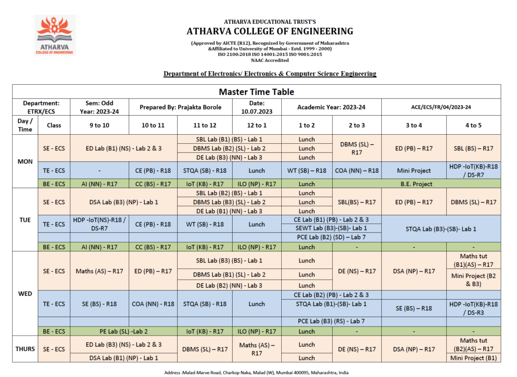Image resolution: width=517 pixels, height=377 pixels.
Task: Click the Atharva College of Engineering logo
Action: (55, 35)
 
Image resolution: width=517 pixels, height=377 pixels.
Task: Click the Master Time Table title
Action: (256, 92)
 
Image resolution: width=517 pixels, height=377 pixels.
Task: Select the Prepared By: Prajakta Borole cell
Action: (178, 107)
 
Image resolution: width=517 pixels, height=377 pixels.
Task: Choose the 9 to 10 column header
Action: (99, 125)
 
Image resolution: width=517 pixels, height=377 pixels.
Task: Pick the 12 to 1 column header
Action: (256, 125)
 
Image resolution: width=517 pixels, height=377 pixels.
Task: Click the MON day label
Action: (25, 161)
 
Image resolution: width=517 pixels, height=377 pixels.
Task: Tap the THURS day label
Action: (25, 349)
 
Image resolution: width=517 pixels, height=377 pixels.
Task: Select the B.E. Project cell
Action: (416, 184)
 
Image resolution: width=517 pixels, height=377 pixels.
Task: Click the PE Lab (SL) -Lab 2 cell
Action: (124, 332)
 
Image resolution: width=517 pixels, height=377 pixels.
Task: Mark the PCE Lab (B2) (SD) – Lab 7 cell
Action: (331, 237)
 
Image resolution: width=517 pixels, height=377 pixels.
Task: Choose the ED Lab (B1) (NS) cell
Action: (124, 148)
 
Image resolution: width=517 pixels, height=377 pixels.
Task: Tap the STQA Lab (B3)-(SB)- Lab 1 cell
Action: (441, 229)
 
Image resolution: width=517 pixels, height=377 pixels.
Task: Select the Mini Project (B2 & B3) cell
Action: (474, 280)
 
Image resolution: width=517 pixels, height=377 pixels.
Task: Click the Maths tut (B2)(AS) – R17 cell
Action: (474, 345)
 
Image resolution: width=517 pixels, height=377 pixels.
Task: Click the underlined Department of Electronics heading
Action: (270, 74)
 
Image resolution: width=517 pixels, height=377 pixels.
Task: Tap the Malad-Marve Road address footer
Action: (256, 372)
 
